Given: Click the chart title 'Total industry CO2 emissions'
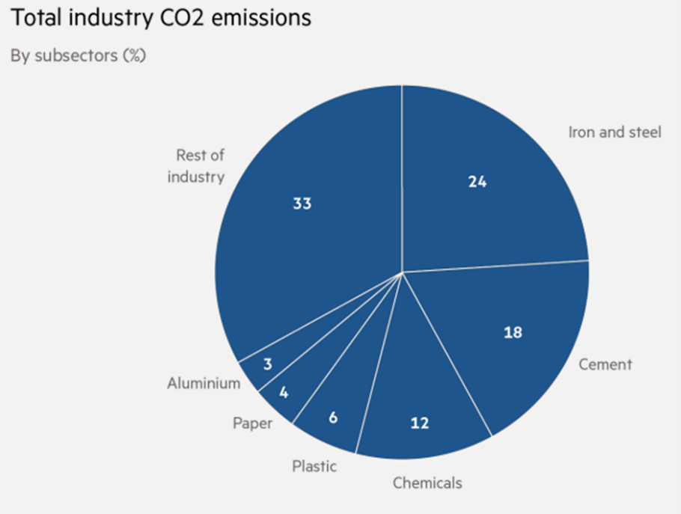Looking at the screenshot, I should (x=160, y=18).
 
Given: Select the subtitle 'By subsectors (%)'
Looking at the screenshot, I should (x=78, y=56).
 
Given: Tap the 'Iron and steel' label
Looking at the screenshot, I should (x=614, y=133).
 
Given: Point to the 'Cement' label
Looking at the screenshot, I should (x=606, y=364).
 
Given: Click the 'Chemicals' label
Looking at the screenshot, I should (x=427, y=483).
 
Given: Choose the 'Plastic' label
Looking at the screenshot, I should (x=314, y=466).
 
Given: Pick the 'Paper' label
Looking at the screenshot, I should (x=252, y=423).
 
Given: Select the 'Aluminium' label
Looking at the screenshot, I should (x=204, y=384).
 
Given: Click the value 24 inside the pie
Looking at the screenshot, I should (x=477, y=182).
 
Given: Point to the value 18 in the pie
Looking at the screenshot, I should (x=513, y=332).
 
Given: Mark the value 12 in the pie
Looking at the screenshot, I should (x=420, y=423).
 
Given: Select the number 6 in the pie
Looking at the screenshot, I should (x=333, y=417).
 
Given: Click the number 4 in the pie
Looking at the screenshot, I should (x=284, y=392).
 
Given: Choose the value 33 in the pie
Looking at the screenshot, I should (x=302, y=204).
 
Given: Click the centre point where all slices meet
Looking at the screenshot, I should (x=402, y=272).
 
